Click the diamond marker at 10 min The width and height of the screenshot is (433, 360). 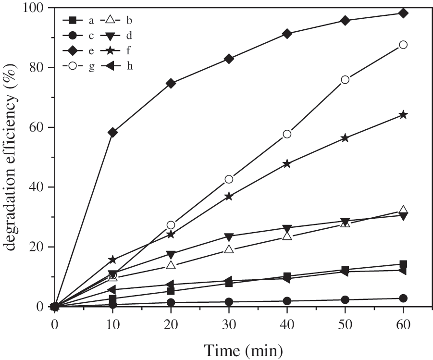pyautogui.click(x=113, y=132)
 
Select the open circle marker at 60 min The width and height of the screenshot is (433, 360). pyautogui.click(x=403, y=45)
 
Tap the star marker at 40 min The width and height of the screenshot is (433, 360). pyautogui.click(x=287, y=164)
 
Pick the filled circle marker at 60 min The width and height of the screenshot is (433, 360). pyautogui.click(x=403, y=298)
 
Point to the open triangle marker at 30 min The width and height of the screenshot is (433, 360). pyautogui.click(x=229, y=249)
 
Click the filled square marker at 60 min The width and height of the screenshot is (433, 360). pyautogui.click(x=403, y=264)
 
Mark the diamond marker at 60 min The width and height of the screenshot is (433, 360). pyautogui.click(x=403, y=13)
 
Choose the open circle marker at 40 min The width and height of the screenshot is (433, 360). pyautogui.click(x=287, y=134)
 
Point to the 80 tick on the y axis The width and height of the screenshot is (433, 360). pyautogui.click(x=50, y=68)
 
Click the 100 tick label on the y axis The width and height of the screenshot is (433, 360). pyautogui.click(x=34, y=8)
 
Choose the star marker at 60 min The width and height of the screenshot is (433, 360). pyautogui.click(x=403, y=115)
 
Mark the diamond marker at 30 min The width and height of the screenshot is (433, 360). pyautogui.click(x=229, y=59)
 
